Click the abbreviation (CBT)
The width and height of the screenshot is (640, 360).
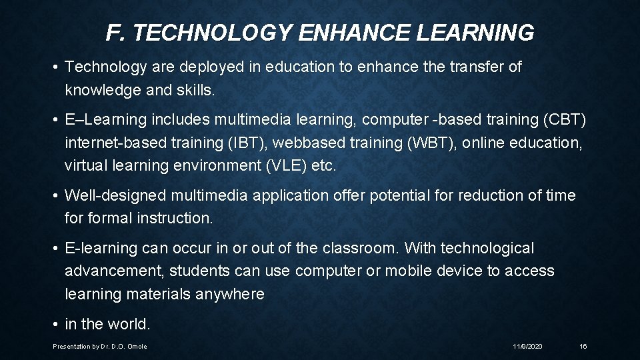click(565, 120)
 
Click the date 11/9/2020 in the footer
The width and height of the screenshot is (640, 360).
click(528, 347)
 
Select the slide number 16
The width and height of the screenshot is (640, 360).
click(583, 347)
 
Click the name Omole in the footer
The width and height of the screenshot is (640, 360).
click(138, 347)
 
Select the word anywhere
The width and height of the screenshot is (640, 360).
click(231, 293)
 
